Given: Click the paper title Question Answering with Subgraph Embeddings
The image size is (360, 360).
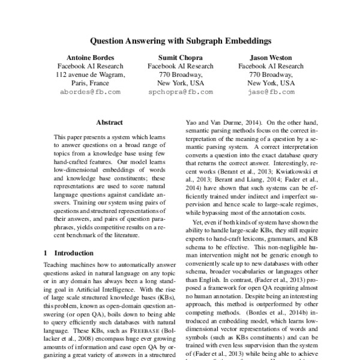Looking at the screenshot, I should pos(180,43).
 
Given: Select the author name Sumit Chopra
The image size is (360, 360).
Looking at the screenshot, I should pos(180,58).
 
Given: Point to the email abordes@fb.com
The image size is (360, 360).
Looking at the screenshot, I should pos(89,92).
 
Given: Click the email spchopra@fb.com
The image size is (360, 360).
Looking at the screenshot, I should pos(180,92).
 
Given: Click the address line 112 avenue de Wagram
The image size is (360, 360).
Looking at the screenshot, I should pos(89,75).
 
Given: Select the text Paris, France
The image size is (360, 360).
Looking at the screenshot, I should pos(89,83).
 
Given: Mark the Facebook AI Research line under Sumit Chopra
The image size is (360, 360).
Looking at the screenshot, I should pos(180,66).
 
